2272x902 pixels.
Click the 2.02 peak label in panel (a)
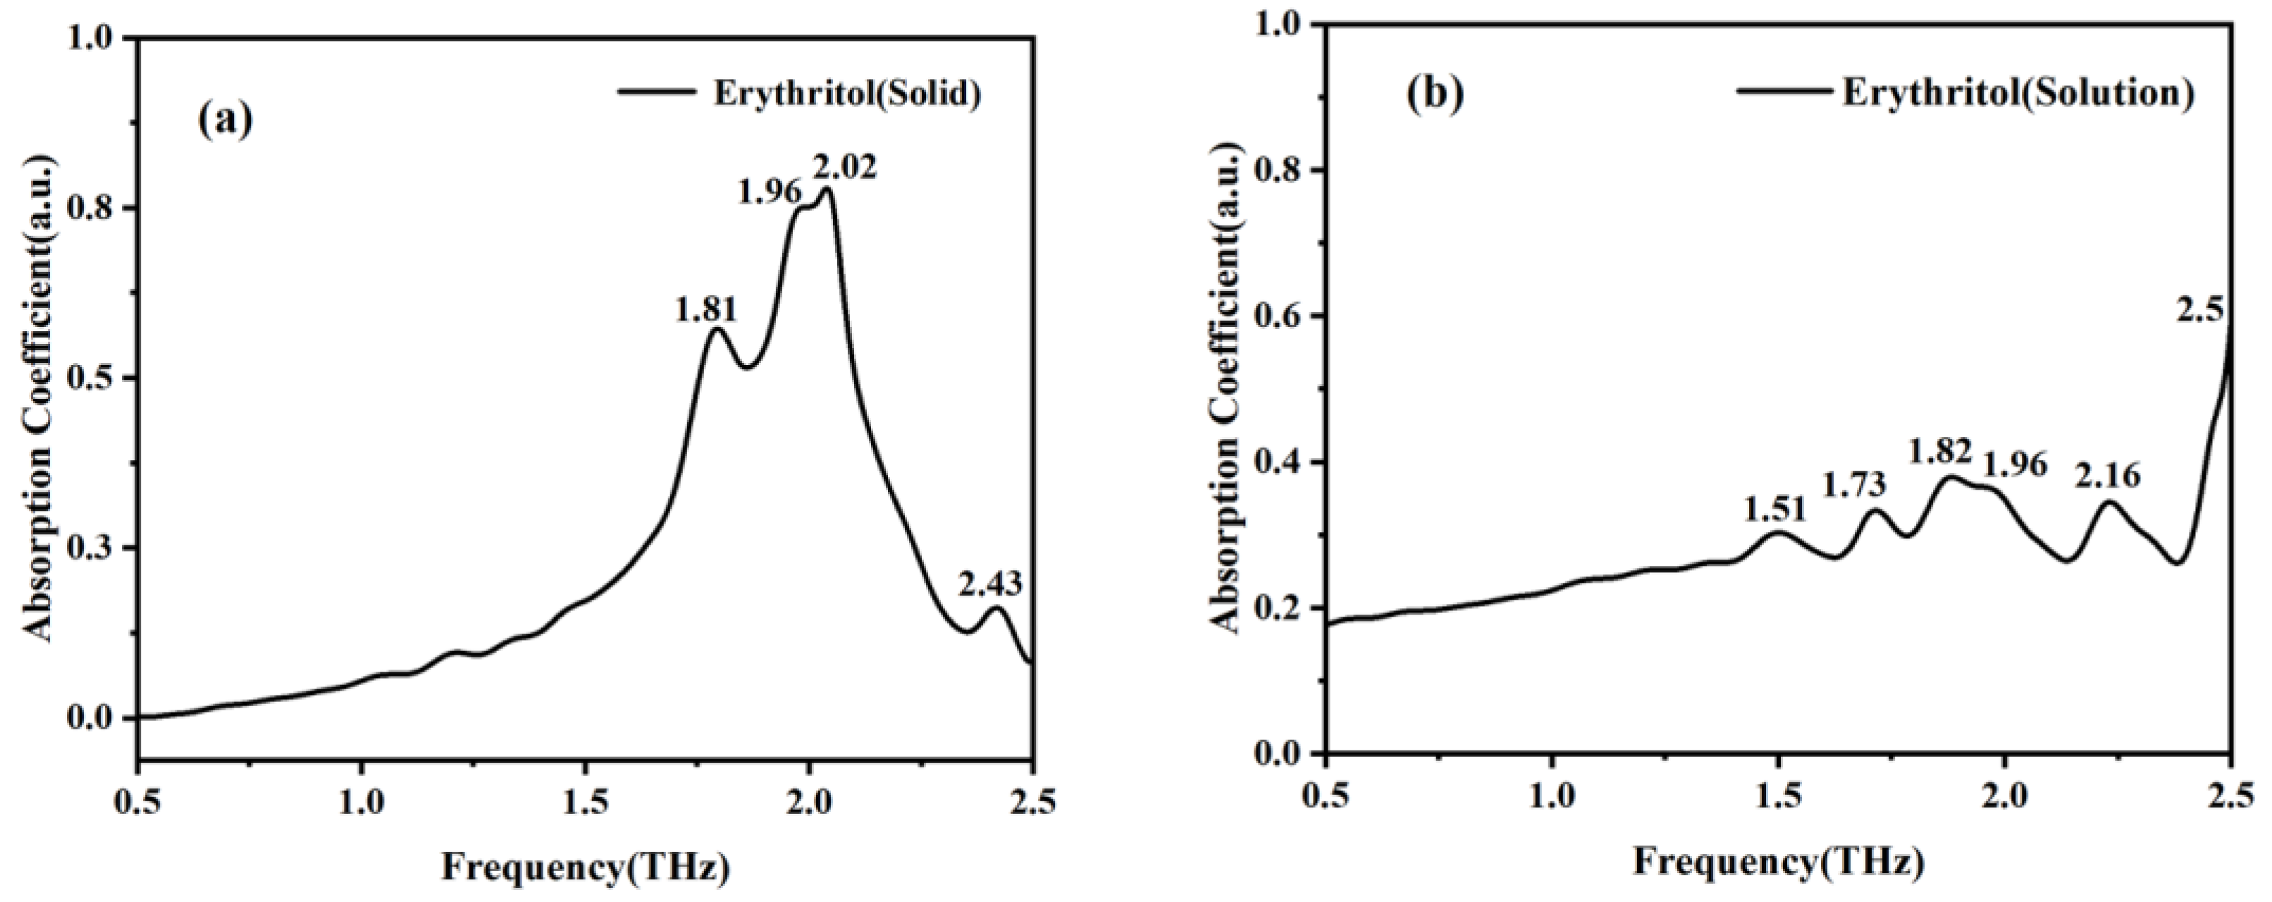click(x=846, y=166)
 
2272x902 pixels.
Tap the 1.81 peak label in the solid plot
click(x=705, y=310)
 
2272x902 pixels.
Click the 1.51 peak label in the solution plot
click(x=1774, y=509)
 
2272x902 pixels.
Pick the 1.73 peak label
click(x=1854, y=484)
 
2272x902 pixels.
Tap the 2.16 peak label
click(x=2108, y=477)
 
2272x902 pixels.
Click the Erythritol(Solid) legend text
click(x=846, y=94)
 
